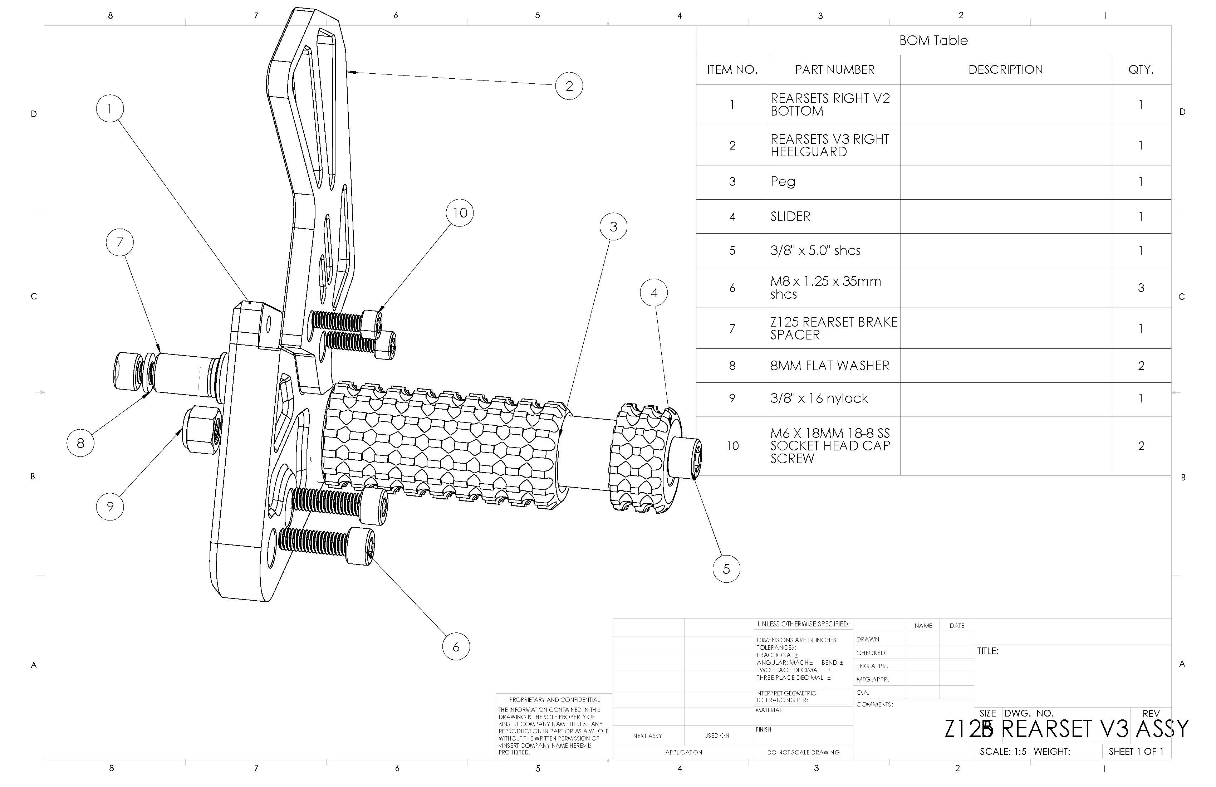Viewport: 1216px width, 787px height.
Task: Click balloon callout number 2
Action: (569, 86)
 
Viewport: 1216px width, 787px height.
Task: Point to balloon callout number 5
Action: (726, 569)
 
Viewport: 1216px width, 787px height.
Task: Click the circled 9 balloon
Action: (110, 507)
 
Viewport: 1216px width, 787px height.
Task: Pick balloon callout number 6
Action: (456, 647)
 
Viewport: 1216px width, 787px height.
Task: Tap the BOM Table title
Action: (933, 40)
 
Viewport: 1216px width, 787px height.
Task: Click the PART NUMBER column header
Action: (834, 69)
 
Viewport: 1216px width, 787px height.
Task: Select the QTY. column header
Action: (1141, 69)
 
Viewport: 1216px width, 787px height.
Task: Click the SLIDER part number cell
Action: (790, 217)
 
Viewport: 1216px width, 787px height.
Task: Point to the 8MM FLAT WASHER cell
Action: (830, 366)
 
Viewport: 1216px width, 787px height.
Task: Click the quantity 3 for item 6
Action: (1141, 288)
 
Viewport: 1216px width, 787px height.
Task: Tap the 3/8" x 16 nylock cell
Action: (819, 399)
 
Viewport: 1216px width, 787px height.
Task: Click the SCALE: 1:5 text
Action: (1002, 751)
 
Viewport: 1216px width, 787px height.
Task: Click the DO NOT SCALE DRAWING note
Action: (803, 752)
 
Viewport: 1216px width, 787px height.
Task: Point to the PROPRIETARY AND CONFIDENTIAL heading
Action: (554, 700)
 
